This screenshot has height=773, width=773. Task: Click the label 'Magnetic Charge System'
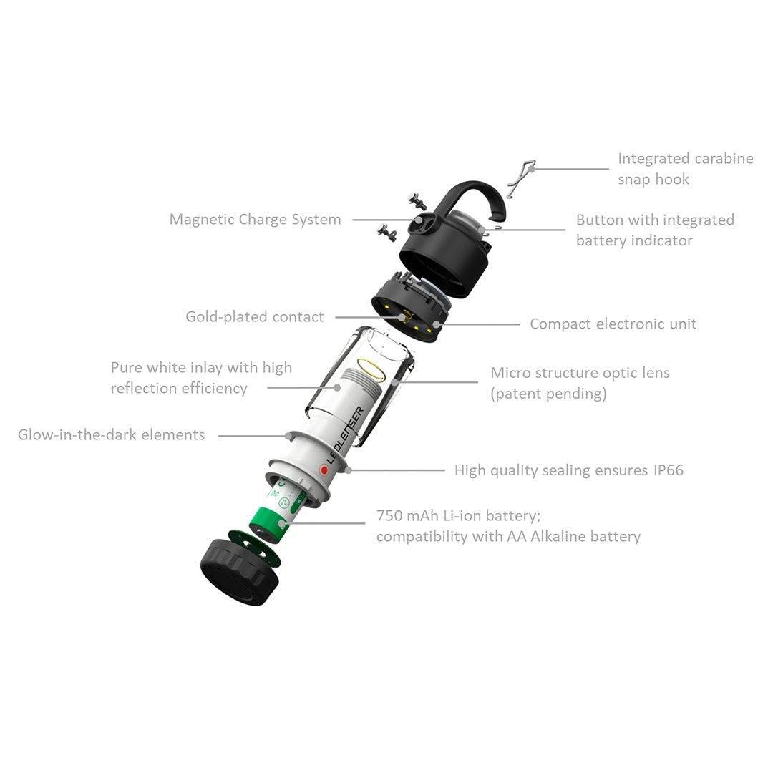[x=255, y=220]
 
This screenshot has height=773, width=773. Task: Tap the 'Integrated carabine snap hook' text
[x=685, y=169]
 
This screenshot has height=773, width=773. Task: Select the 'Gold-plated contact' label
[x=255, y=316]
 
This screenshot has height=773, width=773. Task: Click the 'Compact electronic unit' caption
[x=613, y=324]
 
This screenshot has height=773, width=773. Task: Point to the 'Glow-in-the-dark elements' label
[x=112, y=434]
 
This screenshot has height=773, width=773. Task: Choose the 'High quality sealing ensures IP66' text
[x=568, y=470]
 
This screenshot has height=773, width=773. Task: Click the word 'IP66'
[x=668, y=470]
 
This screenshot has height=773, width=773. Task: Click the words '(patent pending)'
[x=548, y=394]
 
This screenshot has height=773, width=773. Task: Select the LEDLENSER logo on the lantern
[x=346, y=434]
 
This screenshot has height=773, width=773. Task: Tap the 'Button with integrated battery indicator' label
[x=655, y=230]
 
